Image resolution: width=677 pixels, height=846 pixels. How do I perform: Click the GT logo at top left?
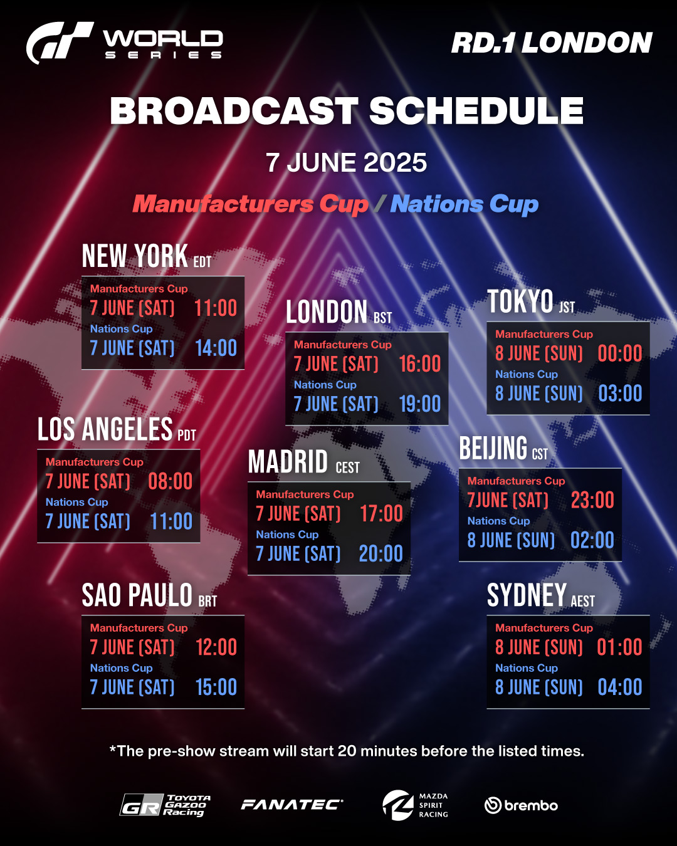(59, 42)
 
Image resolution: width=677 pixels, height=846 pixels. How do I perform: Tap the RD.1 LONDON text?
(552, 43)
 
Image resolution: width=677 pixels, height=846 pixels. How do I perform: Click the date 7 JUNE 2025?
(346, 162)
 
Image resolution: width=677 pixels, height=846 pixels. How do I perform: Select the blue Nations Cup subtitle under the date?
(464, 204)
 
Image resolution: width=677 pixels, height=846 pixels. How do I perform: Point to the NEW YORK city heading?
(135, 256)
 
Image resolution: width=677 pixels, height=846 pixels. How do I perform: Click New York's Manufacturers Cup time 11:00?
(216, 308)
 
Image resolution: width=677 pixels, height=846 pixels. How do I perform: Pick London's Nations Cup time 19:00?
(420, 404)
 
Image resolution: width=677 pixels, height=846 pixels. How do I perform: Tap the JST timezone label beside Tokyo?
(567, 307)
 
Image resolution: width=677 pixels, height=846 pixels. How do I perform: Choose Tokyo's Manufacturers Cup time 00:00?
(620, 353)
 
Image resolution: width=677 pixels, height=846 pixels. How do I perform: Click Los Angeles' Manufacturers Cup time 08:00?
(171, 481)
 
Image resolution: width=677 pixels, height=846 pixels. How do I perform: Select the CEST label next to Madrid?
(347, 467)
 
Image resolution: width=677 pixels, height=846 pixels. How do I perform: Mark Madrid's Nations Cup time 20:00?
(380, 553)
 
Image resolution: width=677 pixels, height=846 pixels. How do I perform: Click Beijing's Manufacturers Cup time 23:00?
(592, 500)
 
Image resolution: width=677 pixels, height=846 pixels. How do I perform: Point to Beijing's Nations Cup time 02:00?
(592, 540)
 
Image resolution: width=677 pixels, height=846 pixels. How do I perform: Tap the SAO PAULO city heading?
(137, 595)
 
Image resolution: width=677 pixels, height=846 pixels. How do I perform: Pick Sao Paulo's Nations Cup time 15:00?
(216, 687)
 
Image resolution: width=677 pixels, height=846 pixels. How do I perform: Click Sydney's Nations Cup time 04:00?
(620, 687)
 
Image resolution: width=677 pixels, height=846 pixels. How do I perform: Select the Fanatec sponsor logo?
(291, 805)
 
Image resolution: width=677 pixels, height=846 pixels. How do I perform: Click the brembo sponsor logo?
(521, 805)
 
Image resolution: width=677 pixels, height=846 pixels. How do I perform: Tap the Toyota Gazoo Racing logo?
(165, 805)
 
